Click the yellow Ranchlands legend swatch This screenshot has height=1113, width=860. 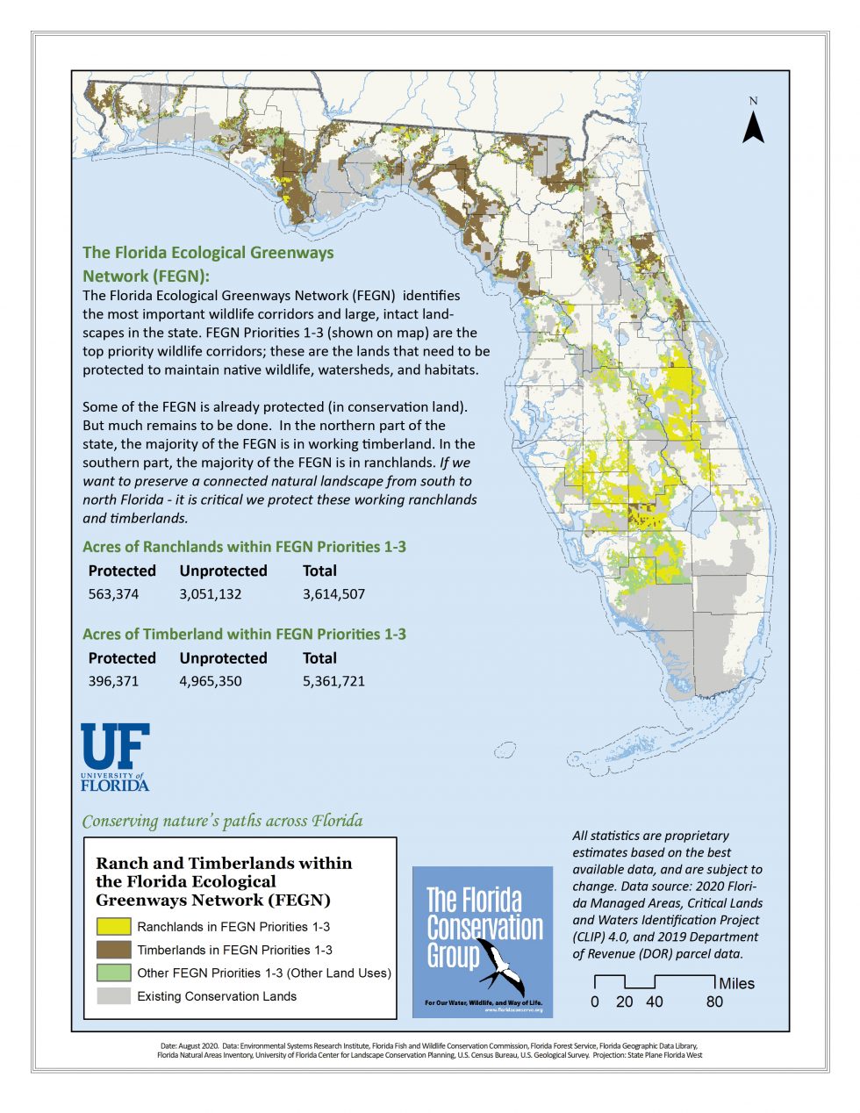coord(113,926)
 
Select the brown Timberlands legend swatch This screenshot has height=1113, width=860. coord(113,950)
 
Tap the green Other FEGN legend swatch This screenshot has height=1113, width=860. coord(113,973)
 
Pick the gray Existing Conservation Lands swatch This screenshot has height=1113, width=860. coord(113,996)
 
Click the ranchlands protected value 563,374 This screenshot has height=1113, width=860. coord(113,594)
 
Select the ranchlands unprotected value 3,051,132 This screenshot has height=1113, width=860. coord(211,594)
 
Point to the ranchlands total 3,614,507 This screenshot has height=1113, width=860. coord(333,594)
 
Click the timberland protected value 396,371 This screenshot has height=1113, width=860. coord(113,681)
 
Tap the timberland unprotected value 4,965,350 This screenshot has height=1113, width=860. coord(211,681)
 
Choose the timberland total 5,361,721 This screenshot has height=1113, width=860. coord(333,681)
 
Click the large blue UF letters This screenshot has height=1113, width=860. coord(115,745)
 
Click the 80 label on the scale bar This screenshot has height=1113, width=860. coord(715,1002)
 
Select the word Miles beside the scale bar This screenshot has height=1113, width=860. coord(736,984)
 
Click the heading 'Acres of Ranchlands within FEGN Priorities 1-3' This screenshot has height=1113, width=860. coord(244,547)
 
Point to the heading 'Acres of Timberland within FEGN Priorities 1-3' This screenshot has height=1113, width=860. coord(244,634)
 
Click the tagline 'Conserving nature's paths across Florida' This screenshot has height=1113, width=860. coord(222,822)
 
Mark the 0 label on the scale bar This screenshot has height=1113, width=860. coord(595,1002)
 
